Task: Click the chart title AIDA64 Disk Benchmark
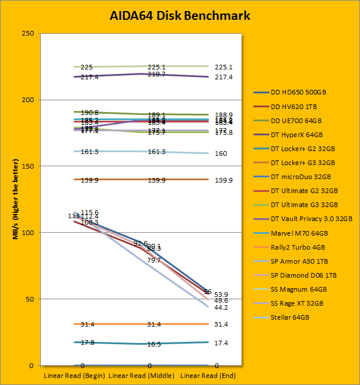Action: (x=180, y=15)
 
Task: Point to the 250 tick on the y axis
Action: (x=27, y=33)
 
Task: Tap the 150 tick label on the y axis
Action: (x=27, y=166)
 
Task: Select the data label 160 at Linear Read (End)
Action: (x=221, y=153)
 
